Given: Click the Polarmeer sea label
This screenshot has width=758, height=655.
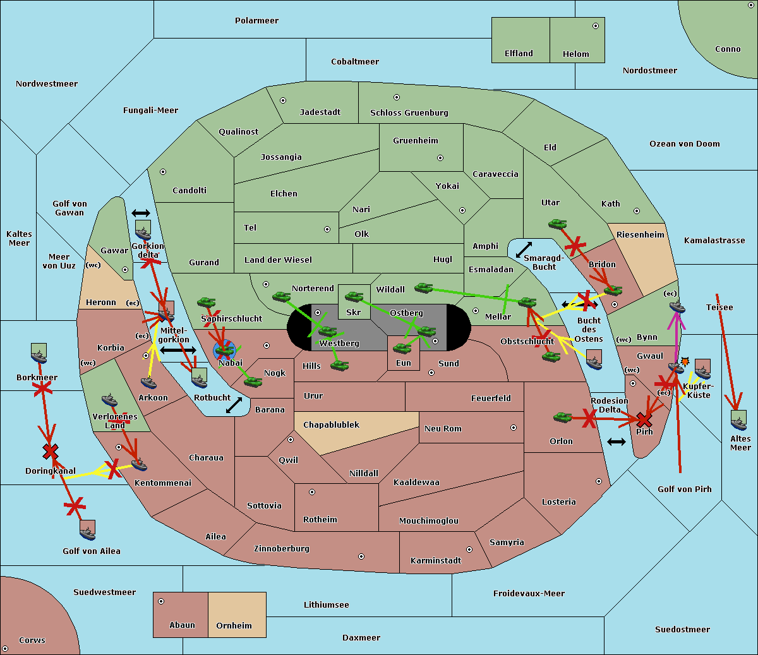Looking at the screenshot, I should click(256, 21).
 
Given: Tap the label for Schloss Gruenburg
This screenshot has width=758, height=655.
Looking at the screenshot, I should click(409, 113).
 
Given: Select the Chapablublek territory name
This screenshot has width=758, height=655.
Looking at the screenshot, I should click(331, 425).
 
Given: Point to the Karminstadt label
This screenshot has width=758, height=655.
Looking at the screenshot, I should click(436, 561).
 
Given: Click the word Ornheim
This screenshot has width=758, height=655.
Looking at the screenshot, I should click(234, 626).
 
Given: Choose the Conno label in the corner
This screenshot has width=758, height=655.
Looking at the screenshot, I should click(728, 49).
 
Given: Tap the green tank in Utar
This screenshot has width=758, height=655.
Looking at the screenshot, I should click(557, 224).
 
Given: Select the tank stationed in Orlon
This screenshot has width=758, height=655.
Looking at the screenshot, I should click(562, 417).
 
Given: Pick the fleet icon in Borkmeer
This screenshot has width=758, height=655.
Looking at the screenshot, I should click(39, 355).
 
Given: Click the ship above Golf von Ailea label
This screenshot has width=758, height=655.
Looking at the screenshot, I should click(88, 531).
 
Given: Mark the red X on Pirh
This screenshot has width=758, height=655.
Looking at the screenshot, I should click(644, 419).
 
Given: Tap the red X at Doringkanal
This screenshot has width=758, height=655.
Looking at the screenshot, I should click(51, 451).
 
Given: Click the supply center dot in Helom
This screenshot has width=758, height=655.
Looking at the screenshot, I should click(595, 26).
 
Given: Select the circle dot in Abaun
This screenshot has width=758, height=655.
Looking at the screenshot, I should click(161, 601).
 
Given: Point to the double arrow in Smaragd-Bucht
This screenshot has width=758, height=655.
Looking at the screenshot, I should click(524, 250).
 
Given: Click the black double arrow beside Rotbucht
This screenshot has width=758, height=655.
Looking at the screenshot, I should click(234, 405).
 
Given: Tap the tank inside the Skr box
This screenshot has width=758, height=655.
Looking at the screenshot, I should click(354, 296).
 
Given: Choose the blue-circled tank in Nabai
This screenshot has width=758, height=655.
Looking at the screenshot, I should click(224, 349).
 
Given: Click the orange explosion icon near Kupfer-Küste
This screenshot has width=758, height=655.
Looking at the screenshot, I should click(685, 362).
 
